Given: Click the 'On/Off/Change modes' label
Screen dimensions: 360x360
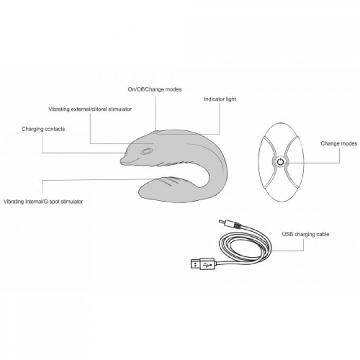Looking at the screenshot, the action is (x=155, y=89).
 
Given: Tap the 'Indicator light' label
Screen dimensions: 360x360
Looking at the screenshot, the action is (x=220, y=99).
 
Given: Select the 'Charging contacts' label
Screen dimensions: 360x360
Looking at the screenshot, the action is (x=43, y=129).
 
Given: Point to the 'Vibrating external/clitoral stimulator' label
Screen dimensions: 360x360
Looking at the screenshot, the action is (x=90, y=109).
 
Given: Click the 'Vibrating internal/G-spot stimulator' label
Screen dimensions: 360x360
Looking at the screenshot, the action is (x=43, y=202).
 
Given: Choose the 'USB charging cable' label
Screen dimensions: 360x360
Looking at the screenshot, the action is (x=305, y=234).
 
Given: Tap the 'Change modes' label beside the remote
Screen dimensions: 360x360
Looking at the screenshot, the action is (x=339, y=143).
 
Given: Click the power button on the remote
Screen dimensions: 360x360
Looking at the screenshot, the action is (x=280, y=162).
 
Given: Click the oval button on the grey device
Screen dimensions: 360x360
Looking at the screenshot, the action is (x=147, y=151).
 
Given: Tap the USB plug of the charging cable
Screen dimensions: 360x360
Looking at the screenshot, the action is (x=203, y=264).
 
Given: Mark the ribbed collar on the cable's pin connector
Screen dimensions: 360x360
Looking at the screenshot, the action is (x=237, y=226).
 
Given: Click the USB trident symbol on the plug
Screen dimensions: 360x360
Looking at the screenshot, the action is (x=206, y=265).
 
